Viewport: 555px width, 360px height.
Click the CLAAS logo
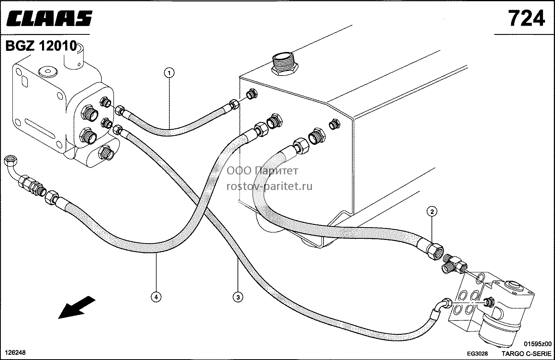[49, 18]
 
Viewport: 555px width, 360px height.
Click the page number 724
[527, 18]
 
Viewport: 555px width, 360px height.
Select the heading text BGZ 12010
[41, 46]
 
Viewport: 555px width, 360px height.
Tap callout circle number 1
[169, 73]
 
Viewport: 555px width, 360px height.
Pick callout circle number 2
[432, 212]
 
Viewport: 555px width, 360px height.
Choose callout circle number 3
[238, 297]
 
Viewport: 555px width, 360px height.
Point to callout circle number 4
[156, 297]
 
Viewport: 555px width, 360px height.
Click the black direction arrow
[76, 308]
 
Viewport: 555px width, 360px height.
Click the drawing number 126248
[15, 352]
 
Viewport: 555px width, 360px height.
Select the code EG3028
[477, 354]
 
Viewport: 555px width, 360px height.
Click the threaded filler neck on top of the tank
[284, 63]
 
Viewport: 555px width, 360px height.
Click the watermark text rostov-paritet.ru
[270, 186]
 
